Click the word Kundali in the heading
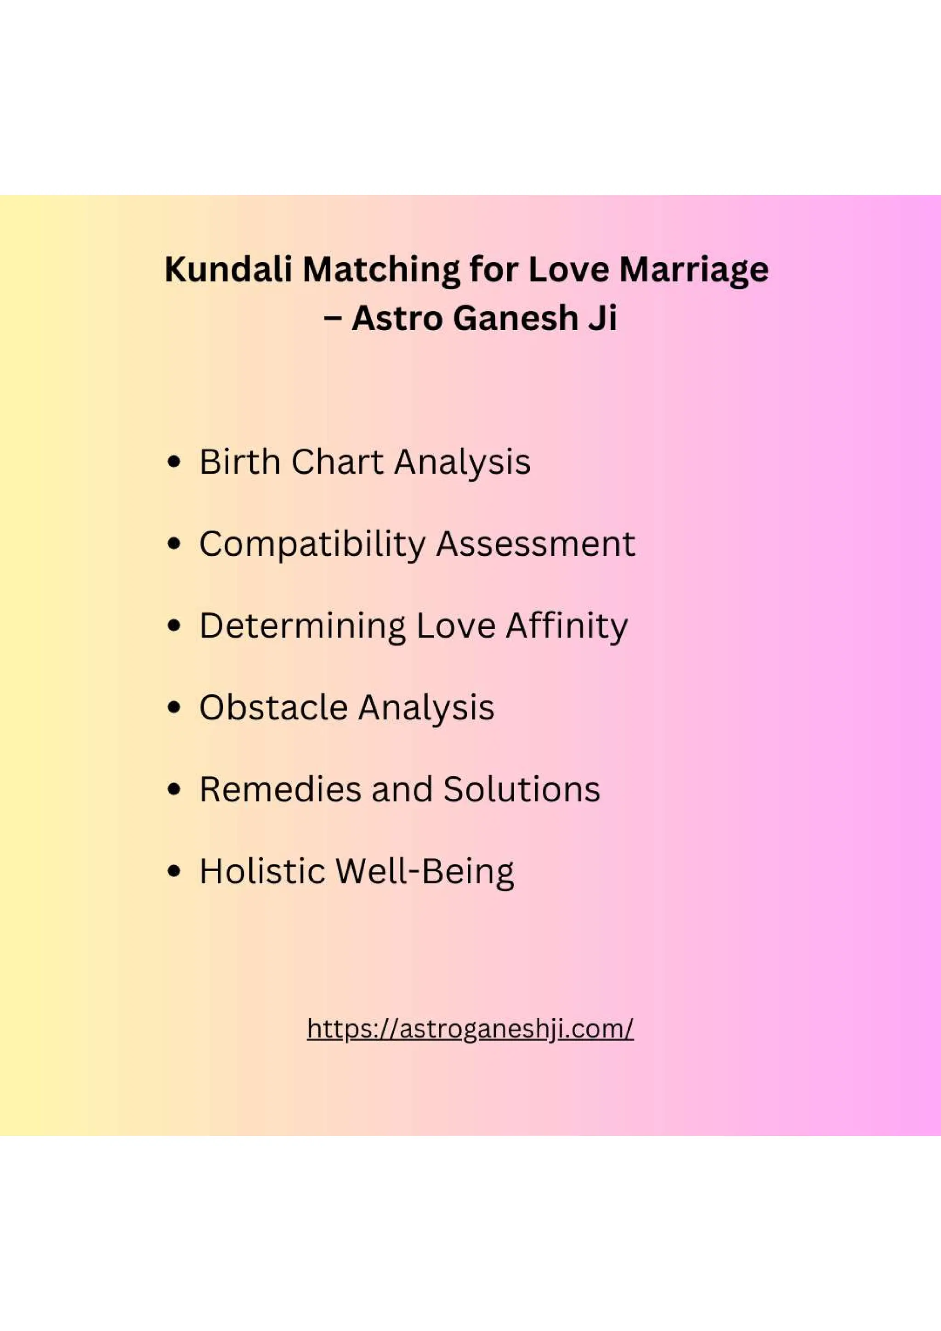point(228,270)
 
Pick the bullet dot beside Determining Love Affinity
point(173,626)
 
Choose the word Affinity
point(567,626)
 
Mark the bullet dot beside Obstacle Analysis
point(173,708)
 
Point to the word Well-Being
point(425,872)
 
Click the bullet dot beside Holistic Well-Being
point(173,871)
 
